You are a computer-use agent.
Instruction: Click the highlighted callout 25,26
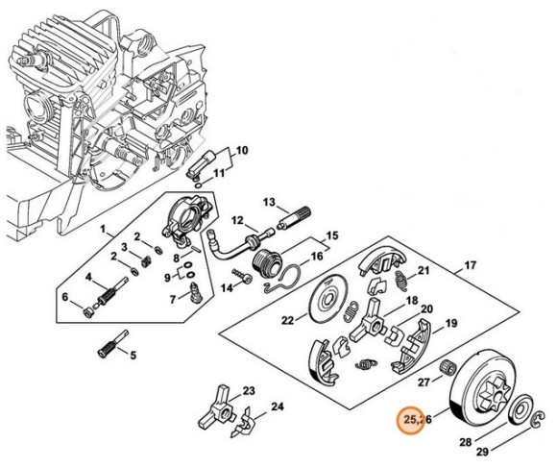tap(417, 419)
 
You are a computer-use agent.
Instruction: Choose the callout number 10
tap(241, 150)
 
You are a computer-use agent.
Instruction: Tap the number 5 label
tap(133, 355)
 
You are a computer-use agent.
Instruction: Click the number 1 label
tap(103, 232)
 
